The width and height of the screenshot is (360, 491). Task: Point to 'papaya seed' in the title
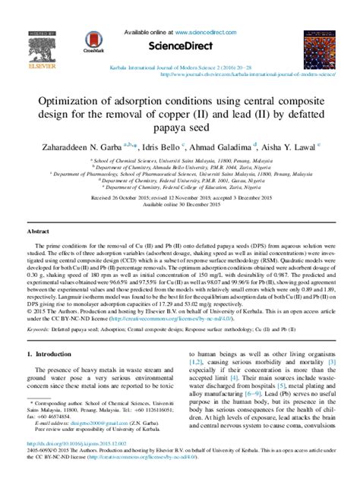(180, 129)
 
